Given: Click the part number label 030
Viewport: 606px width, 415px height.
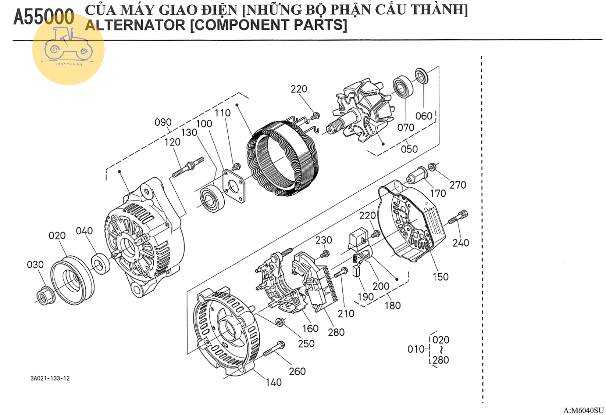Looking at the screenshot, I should pos(35,264).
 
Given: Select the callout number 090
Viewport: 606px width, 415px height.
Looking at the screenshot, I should pos(163,122).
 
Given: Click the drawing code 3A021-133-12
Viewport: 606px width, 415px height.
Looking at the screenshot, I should pos(50,378).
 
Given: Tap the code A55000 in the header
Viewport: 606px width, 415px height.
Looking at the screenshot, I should pos(43,17).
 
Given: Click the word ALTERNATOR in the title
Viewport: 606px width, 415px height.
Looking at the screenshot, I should pos(135,25).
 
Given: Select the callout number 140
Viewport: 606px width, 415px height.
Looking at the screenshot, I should pos(274,382).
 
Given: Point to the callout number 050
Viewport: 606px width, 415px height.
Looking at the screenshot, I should pos(409,149).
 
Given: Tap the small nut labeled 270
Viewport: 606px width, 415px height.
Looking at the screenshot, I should pos(432,167).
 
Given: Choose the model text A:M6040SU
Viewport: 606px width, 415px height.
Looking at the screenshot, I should pos(583,410).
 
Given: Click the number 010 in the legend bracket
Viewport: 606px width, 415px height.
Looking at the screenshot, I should pos(416,349).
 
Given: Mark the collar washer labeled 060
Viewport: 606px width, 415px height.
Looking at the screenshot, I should pos(421,76).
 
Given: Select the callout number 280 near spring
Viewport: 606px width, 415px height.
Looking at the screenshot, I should pos(336,332).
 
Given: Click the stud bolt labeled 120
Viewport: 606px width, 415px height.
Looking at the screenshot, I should pos(188,167).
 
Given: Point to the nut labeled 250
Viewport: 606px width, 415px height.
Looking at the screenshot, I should pos(280,322).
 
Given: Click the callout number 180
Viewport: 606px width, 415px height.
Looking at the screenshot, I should pos(392,306).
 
